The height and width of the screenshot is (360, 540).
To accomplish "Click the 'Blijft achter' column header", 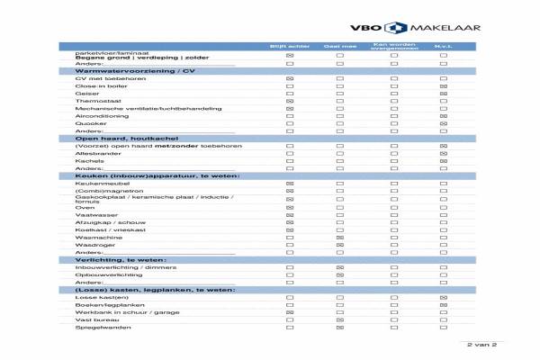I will pos(290,46).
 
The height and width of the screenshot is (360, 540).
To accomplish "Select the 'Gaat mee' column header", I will pos(340,46).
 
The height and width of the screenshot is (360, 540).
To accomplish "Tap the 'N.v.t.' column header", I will pos(444,46).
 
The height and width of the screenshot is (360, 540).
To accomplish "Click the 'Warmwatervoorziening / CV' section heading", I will pos(136,71).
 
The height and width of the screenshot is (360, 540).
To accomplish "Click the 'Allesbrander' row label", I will pos(94,153).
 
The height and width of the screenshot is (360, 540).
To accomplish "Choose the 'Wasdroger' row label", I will pos(93,244).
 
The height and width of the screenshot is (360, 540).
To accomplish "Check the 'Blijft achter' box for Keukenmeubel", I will pos(290,183).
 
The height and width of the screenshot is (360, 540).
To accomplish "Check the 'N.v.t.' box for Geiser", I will pos(444,94).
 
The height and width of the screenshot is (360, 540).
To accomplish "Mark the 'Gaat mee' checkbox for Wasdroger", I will pos(340,244).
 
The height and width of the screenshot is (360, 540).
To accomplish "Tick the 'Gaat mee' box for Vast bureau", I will pos(340,319).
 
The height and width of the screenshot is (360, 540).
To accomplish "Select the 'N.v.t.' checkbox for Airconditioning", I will pos(444,116).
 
